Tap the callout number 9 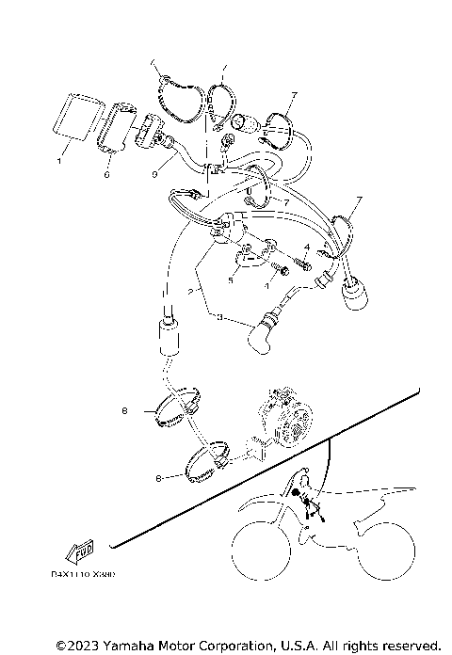(x=152, y=173)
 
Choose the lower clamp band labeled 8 (x=208, y=462)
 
